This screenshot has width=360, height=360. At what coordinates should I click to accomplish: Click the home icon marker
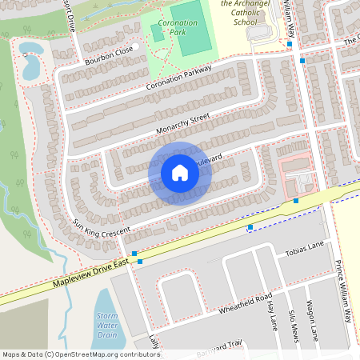click(x=180, y=173)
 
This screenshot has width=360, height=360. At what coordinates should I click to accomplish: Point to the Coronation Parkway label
click(x=178, y=78)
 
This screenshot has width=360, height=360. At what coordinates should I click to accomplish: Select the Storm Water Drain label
click(x=106, y=326)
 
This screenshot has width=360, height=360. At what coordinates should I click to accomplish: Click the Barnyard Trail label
click(x=215, y=346)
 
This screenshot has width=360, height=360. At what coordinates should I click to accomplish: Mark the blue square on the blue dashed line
click(x=250, y=227)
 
